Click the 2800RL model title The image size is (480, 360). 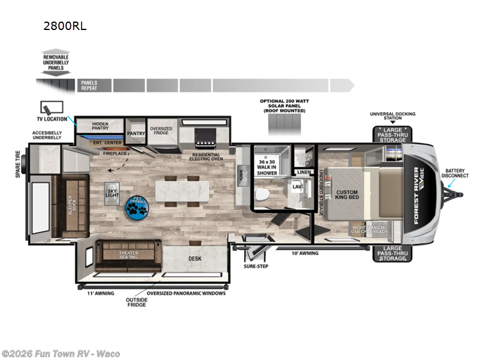[61, 26]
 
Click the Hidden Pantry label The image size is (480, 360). [99, 127]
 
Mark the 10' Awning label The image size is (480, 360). [306, 253]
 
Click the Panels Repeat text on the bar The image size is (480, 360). [88, 85]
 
